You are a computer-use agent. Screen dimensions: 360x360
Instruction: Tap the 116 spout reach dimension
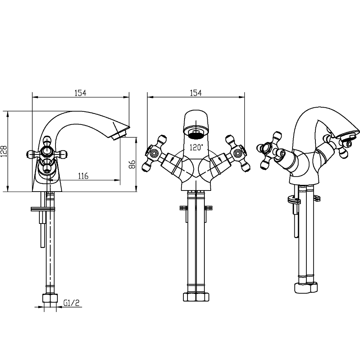tap(83, 176)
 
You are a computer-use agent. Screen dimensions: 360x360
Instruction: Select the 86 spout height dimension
tap(132, 164)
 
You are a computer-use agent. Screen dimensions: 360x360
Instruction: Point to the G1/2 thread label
tap(71, 303)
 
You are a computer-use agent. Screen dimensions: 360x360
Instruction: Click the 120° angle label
tap(196, 147)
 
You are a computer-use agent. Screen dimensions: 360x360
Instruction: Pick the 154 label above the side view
tap(80, 93)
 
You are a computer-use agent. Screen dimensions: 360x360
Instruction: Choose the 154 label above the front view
tap(196, 93)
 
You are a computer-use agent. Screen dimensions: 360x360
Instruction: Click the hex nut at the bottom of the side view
tap(49, 298)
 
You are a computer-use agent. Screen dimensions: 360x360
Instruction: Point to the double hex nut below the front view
tap(196, 297)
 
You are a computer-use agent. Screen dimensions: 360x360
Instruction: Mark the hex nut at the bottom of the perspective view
tap(306, 288)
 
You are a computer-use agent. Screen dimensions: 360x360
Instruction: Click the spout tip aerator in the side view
tap(118, 134)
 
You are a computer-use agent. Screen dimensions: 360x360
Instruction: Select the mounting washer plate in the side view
tap(43, 209)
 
